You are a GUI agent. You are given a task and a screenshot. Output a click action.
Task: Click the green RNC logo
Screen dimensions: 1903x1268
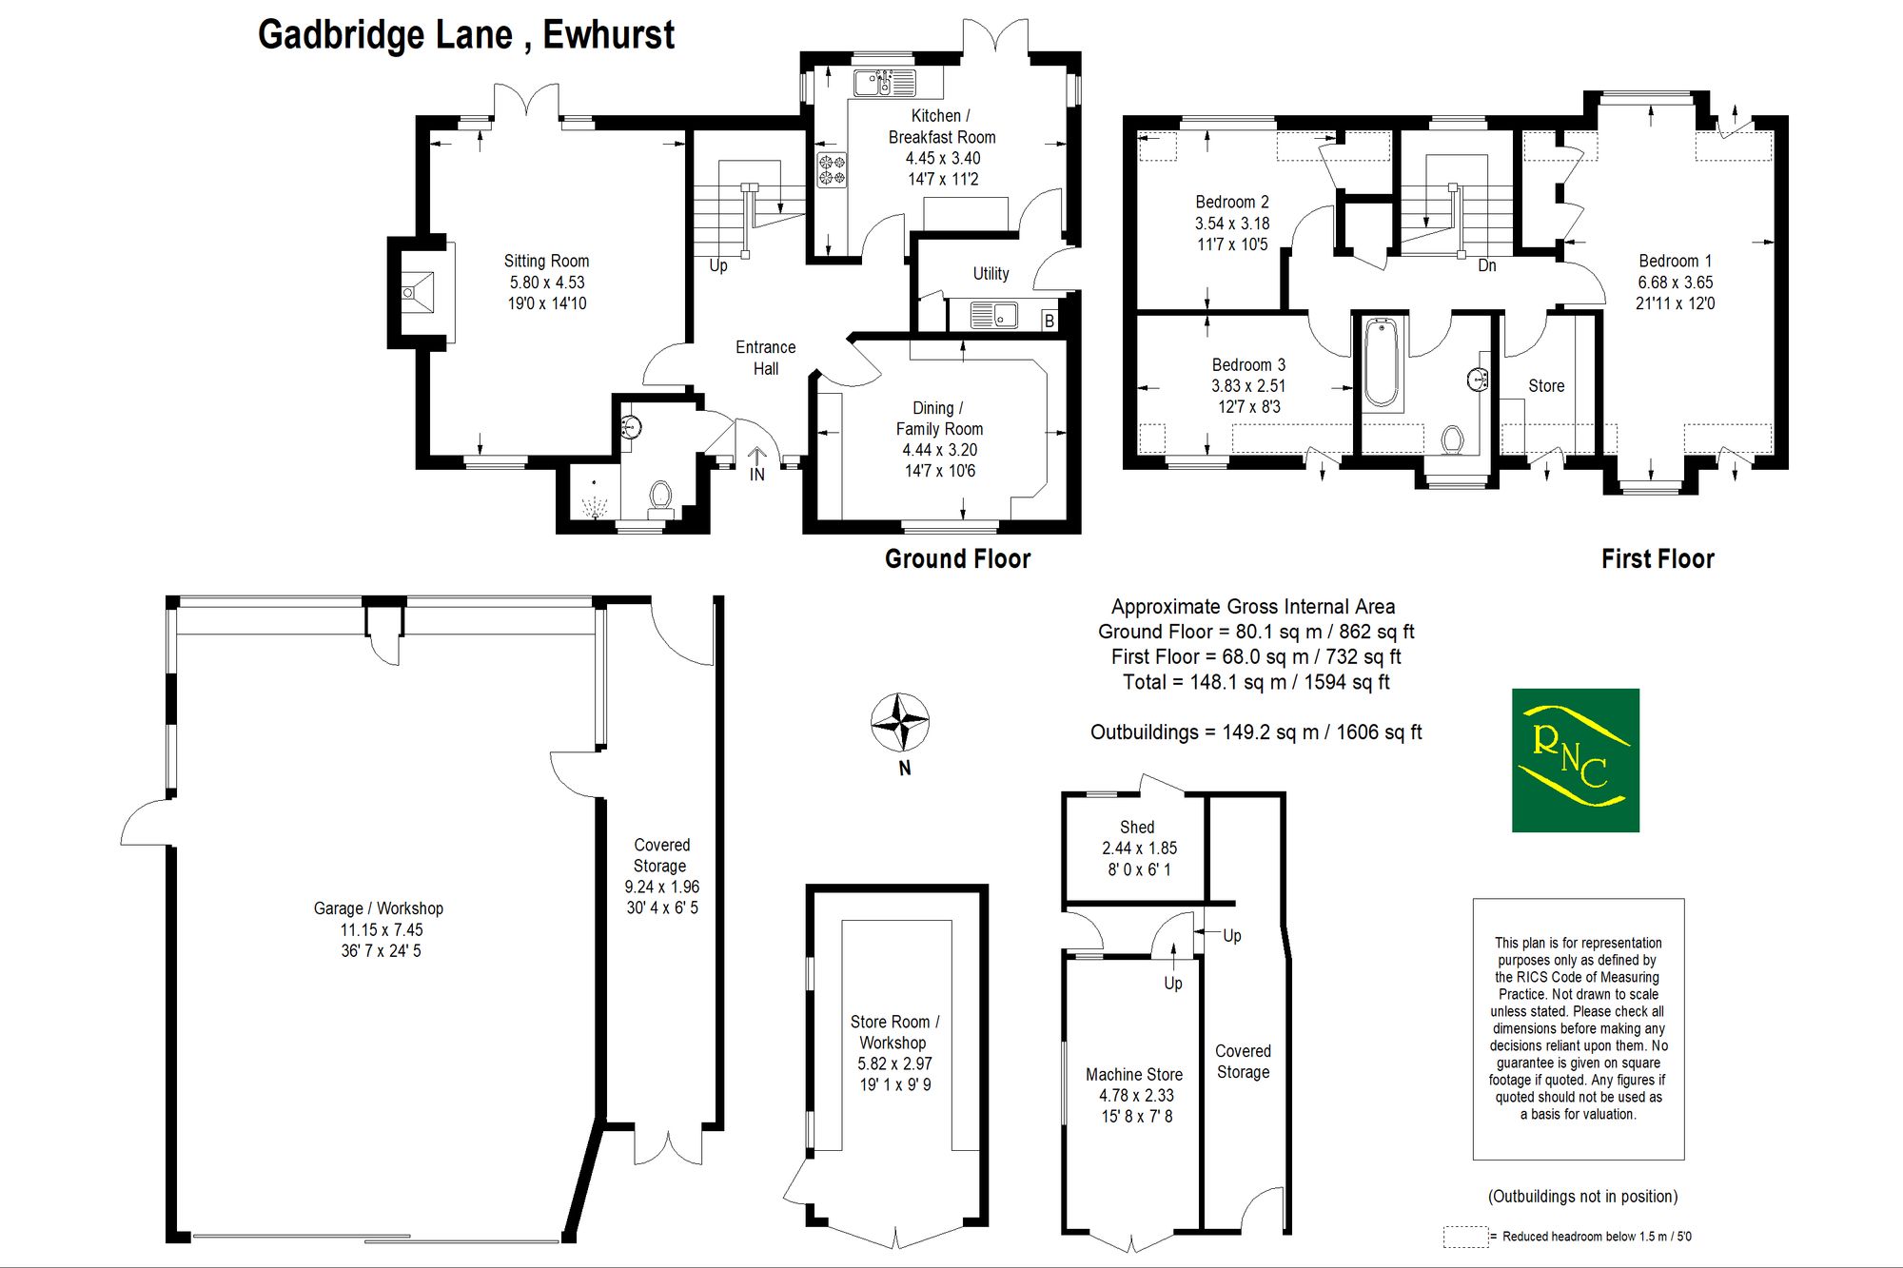pos(1576,760)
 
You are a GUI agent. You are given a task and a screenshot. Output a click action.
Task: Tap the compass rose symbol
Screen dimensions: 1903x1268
pos(899,722)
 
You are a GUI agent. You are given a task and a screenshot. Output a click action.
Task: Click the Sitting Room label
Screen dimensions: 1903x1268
pos(546,261)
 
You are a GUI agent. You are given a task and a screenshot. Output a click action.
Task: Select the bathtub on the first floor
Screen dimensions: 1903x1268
pos(1382,363)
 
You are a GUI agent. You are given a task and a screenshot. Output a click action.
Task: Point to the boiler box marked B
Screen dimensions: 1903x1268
pos(1050,321)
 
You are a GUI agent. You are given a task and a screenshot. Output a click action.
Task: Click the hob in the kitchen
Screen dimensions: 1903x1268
pos(832,169)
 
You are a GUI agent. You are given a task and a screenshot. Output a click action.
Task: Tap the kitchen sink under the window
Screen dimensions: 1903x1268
pos(884,83)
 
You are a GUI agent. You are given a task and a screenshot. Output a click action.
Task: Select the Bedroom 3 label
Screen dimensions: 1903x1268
pos(1248,364)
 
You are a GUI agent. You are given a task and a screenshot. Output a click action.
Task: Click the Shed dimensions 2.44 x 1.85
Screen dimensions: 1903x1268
pos(1139,848)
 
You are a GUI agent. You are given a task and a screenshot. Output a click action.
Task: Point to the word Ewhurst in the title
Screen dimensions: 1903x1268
pos(608,35)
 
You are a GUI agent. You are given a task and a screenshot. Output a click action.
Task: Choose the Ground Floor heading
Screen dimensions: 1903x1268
pos(957,558)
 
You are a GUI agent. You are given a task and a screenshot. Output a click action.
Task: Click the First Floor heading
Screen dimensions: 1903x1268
pos(1658,558)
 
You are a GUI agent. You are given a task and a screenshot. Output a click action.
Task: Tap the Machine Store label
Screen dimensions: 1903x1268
pos(1134,1074)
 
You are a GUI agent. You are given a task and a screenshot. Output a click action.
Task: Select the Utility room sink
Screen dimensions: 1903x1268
pos(993,315)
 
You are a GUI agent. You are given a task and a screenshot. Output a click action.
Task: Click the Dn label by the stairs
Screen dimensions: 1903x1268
pos(1487,266)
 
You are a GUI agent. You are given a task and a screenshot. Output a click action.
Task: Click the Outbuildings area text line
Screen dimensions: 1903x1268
pos(1256,732)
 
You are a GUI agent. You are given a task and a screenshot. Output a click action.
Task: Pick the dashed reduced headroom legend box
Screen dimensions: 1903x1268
pos(1465,1237)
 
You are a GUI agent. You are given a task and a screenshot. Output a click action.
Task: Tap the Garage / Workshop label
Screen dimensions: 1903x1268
pos(379,908)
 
